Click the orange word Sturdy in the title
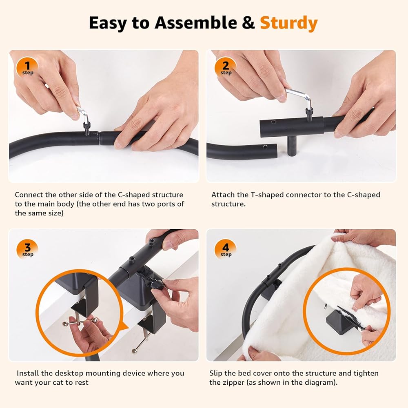[289, 23]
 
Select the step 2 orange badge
[226, 68]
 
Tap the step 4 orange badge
[226, 250]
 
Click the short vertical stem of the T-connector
[292, 146]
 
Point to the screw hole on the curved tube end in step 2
[265, 147]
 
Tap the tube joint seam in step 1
[100, 138]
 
